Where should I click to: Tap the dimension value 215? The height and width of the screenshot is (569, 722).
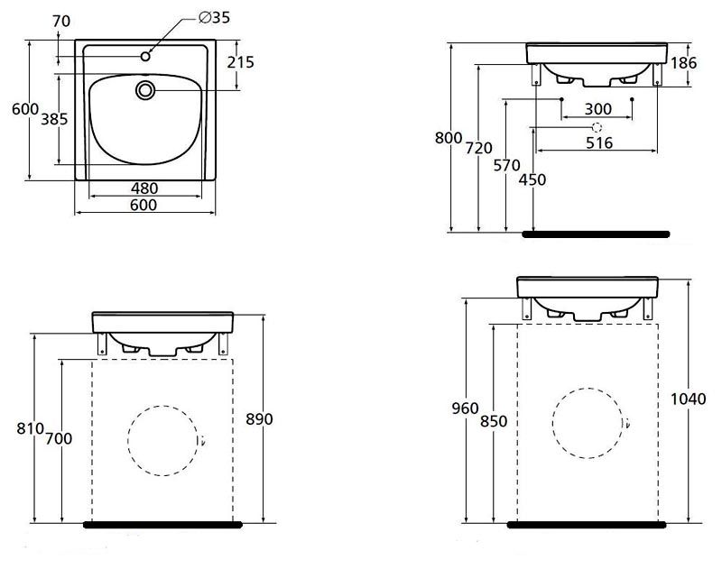[241, 62]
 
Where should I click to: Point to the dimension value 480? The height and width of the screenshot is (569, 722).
[144, 188]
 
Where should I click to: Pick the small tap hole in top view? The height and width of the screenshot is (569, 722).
[145, 57]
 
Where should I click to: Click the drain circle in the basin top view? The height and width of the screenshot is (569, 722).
[145, 89]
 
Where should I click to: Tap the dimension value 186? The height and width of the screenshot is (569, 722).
[685, 62]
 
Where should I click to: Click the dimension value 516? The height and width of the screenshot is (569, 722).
[598, 142]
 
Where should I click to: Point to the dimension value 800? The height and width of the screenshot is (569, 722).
[448, 138]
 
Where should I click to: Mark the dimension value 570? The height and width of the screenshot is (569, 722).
[509, 166]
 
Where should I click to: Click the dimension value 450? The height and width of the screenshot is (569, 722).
[533, 179]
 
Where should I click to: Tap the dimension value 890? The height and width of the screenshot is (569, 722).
[258, 419]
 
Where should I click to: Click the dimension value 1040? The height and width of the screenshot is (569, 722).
[690, 398]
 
